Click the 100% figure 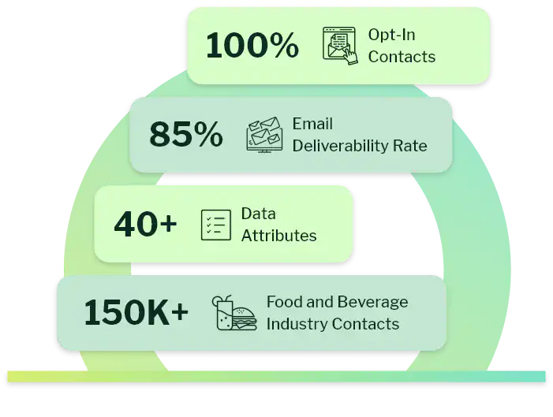[x=252, y=46]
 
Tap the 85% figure [x=185, y=135]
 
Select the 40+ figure [x=145, y=225]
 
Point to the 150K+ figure [x=136, y=313]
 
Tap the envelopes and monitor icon [x=264, y=135]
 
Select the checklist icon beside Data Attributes [x=215, y=225]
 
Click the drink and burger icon [x=234, y=313]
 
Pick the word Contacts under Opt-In [x=402, y=57]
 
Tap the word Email [x=312, y=124]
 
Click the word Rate [x=413, y=146]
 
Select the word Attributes [x=278, y=236]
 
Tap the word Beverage [x=372, y=302]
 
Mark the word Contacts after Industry [x=365, y=324]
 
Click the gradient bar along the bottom [x=276, y=376]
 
